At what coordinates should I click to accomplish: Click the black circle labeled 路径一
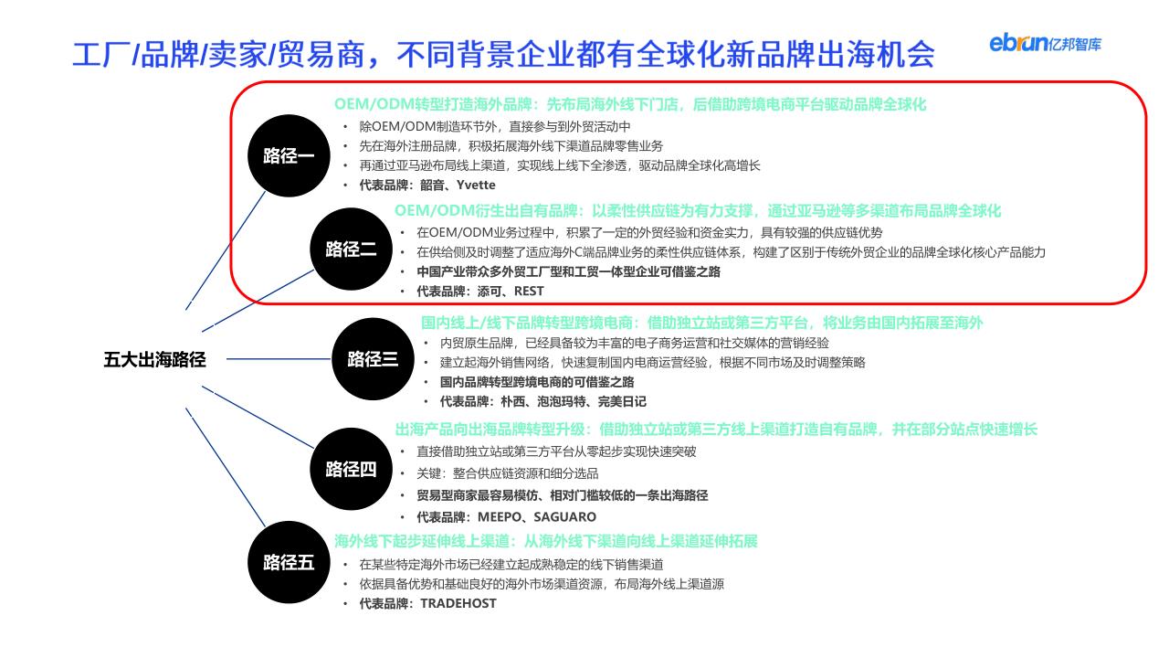click(289, 155)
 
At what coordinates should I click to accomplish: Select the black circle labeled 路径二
click(352, 249)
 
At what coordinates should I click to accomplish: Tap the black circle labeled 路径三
click(374, 359)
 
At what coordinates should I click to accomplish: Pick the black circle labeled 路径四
click(352, 469)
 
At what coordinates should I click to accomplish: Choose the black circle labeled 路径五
click(289, 562)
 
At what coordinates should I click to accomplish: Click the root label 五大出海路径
click(154, 359)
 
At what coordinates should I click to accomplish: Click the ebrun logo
click(1046, 43)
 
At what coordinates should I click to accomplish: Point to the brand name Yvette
click(476, 185)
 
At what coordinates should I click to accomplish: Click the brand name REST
click(529, 291)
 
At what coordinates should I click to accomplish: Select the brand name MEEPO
click(500, 517)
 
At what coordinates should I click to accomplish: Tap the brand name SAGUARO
click(564, 517)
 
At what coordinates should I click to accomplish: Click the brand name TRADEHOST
click(458, 603)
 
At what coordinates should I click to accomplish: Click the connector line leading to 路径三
click(279, 359)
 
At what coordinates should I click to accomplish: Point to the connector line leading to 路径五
click(226, 467)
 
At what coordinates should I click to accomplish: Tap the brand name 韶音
click(432, 185)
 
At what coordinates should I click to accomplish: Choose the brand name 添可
click(489, 291)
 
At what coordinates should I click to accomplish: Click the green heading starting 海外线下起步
click(546, 541)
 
